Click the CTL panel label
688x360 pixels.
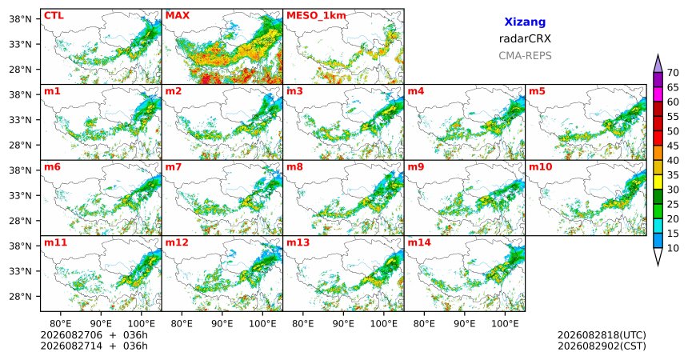coord(54,16)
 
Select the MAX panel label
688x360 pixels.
coord(178,16)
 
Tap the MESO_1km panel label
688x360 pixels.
coord(316,16)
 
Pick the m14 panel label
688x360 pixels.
coord(419,242)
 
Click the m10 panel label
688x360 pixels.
coord(540,167)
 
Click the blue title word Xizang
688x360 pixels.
coord(525,22)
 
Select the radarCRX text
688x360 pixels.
coord(525,38)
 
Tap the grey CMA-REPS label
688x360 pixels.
coord(525,56)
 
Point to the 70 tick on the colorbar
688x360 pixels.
coord(673,73)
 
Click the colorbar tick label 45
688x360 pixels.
coord(673,146)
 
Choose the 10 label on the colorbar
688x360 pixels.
coord(673,248)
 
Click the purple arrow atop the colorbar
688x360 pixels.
coord(658,64)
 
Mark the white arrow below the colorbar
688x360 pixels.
coord(658,255)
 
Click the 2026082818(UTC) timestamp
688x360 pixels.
coord(602,335)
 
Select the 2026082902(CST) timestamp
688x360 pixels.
coord(602,346)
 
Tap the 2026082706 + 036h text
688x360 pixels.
coord(94,335)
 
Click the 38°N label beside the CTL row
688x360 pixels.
coord(21,19)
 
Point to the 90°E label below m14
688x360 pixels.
coord(465,323)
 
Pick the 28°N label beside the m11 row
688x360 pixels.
coord(21,296)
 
